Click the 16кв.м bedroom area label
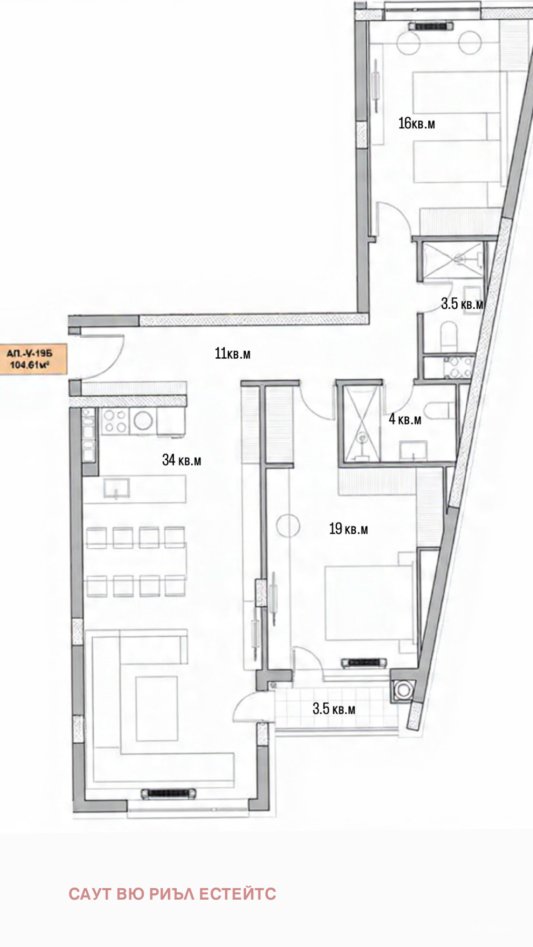click(417, 124)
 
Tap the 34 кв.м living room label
click(182, 460)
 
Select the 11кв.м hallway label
click(233, 353)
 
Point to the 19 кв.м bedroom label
click(348, 529)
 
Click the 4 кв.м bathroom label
click(405, 419)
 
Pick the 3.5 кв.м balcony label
click(334, 708)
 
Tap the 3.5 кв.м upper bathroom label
click(462, 304)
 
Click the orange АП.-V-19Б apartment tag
click(33, 360)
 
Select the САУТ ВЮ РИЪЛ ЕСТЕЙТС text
click(172, 894)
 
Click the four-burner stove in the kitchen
click(115, 421)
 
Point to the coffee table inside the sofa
click(156, 708)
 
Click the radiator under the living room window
click(169, 793)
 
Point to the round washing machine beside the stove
click(143, 421)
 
